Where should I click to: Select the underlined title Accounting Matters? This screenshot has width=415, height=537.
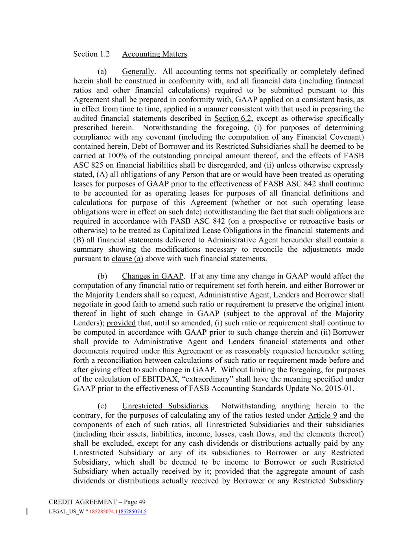[155, 54]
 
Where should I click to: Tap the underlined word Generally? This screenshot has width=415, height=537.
[138, 72]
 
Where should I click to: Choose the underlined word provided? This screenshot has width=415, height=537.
[121, 323]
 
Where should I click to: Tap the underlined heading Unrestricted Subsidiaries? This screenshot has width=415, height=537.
[165, 406]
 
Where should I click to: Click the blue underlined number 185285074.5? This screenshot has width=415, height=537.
[132, 511]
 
